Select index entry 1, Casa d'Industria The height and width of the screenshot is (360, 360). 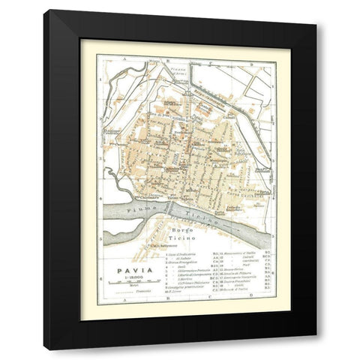(x=181, y=255)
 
